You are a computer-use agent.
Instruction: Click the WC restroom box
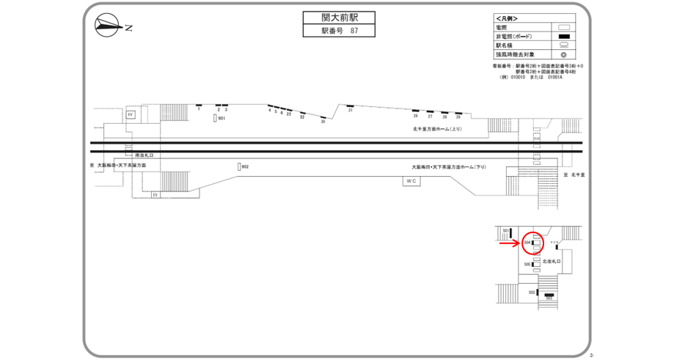click(411, 180)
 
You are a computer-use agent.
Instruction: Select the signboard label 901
click(221, 118)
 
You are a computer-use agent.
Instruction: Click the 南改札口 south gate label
click(144, 155)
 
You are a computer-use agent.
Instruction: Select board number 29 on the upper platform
click(458, 117)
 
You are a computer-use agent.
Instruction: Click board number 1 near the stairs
click(199, 109)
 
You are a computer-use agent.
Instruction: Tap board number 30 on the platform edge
click(323, 121)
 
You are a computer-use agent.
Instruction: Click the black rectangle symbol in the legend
click(564, 37)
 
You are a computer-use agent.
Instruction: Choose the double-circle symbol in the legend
click(564, 55)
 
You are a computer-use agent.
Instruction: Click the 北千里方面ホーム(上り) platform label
click(438, 128)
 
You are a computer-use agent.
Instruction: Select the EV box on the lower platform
click(155, 194)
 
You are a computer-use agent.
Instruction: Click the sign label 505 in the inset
click(527, 264)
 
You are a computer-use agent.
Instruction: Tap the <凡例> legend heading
click(507, 18)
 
